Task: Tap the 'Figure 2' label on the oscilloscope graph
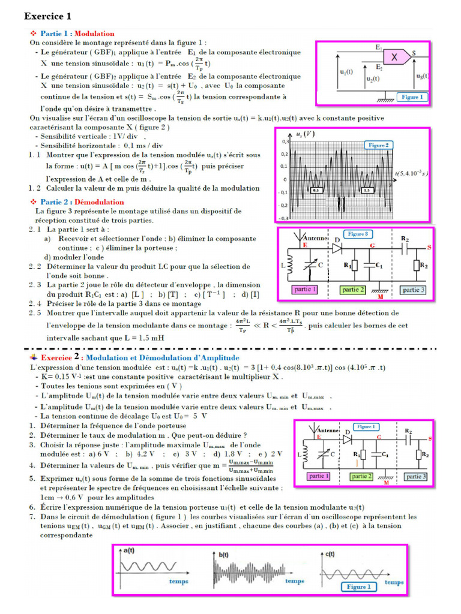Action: pos(378,146)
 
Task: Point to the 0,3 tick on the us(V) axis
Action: pos(284,142)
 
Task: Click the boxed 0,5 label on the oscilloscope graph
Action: pos(316,189)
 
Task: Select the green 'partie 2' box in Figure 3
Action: pos(354,290)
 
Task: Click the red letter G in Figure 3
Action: pos(373,245)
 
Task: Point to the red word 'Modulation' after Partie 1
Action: pos(95,34)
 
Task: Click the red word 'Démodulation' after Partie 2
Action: pos(99,201)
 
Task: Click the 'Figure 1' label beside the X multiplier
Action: pos(412,97)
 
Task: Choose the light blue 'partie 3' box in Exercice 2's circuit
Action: pos(413,476)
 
